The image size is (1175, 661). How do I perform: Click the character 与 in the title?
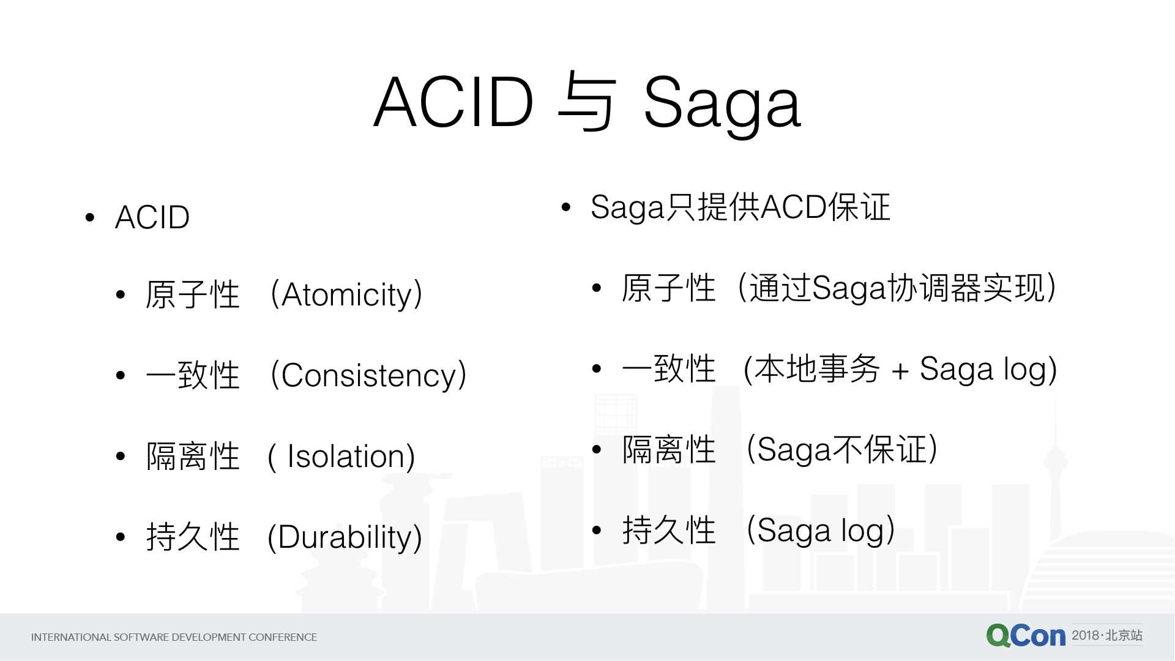(586, 102)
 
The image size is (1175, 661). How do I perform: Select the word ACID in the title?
(454, 102)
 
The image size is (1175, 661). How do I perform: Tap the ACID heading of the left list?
(152, 217)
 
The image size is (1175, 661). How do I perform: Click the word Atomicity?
(347, 295)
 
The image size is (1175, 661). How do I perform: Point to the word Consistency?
(369, 376)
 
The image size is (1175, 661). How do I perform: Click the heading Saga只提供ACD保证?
(740, 207)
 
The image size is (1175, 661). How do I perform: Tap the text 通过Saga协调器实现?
(897, 288)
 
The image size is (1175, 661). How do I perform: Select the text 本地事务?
(817, 368)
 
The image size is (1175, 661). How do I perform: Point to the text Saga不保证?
(842, 449)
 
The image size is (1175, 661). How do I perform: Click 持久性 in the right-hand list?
(669, 530)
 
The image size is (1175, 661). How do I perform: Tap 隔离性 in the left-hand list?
(193, 457)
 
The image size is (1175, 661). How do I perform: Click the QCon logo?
(1026, 636)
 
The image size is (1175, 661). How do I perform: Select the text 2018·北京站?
(1107, 635)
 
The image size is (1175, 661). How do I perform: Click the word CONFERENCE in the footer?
(283, 637)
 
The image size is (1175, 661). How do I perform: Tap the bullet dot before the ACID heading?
(91, 217)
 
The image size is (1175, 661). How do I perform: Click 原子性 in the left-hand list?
(193, 295)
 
